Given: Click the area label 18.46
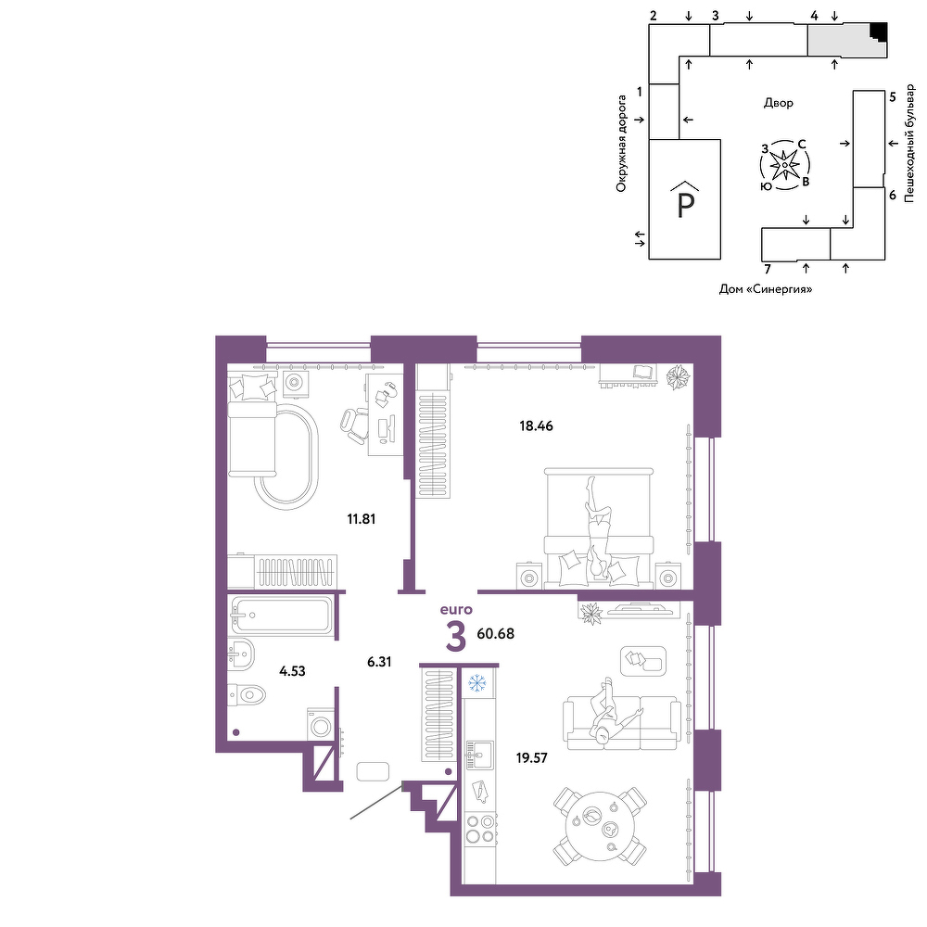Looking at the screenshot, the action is [536, 425].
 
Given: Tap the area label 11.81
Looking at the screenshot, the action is [361, 519].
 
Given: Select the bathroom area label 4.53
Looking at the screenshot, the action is [292, 671].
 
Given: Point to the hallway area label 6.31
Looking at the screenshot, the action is [379, 662].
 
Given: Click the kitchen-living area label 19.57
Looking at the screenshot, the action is [531, 758].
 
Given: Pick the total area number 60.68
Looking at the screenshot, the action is [495, 634].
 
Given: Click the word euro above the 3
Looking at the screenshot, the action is [456, 610].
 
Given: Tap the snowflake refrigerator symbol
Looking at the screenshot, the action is [476, 683].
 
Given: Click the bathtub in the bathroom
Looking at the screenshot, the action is [282, 615].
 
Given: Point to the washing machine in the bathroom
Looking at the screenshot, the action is [320, 724].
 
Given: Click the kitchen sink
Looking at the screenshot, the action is [479, 755].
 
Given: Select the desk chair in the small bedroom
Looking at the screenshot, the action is [353, 425].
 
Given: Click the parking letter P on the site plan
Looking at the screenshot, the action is [685, 205].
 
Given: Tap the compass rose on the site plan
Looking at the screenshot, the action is [784, 165].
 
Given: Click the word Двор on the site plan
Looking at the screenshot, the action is [778, 103].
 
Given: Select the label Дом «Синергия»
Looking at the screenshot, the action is [766, 289].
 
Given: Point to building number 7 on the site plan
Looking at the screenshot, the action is [768, 270].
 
